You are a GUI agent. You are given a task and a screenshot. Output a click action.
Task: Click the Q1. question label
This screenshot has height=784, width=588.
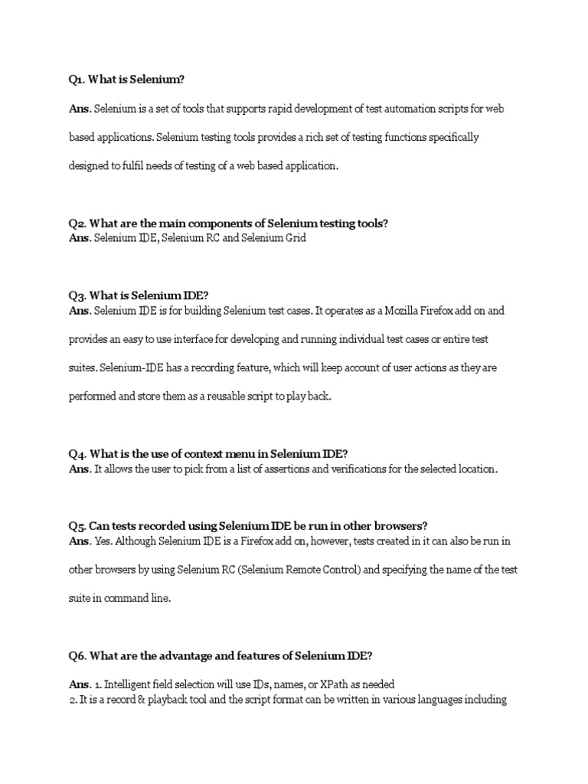77,80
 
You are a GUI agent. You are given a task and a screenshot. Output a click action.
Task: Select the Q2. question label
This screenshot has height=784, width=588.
77,224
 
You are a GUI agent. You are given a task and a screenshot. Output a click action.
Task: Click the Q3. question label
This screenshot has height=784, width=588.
77,296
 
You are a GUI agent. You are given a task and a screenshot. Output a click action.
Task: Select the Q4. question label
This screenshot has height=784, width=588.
77,453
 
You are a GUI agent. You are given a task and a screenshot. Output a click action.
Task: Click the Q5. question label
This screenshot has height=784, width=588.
77,526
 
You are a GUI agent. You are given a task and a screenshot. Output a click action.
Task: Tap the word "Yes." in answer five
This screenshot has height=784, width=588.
104,541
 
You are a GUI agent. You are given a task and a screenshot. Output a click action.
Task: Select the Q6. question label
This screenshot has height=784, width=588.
78,655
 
